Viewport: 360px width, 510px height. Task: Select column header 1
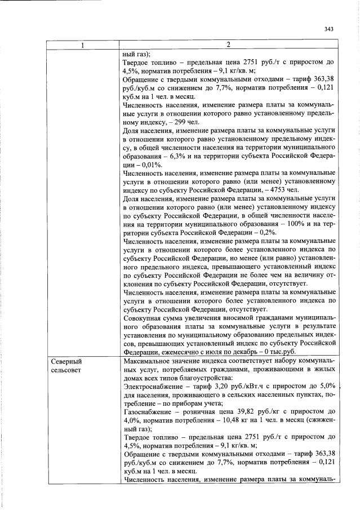pyautogui.click(x=82, y=45)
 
